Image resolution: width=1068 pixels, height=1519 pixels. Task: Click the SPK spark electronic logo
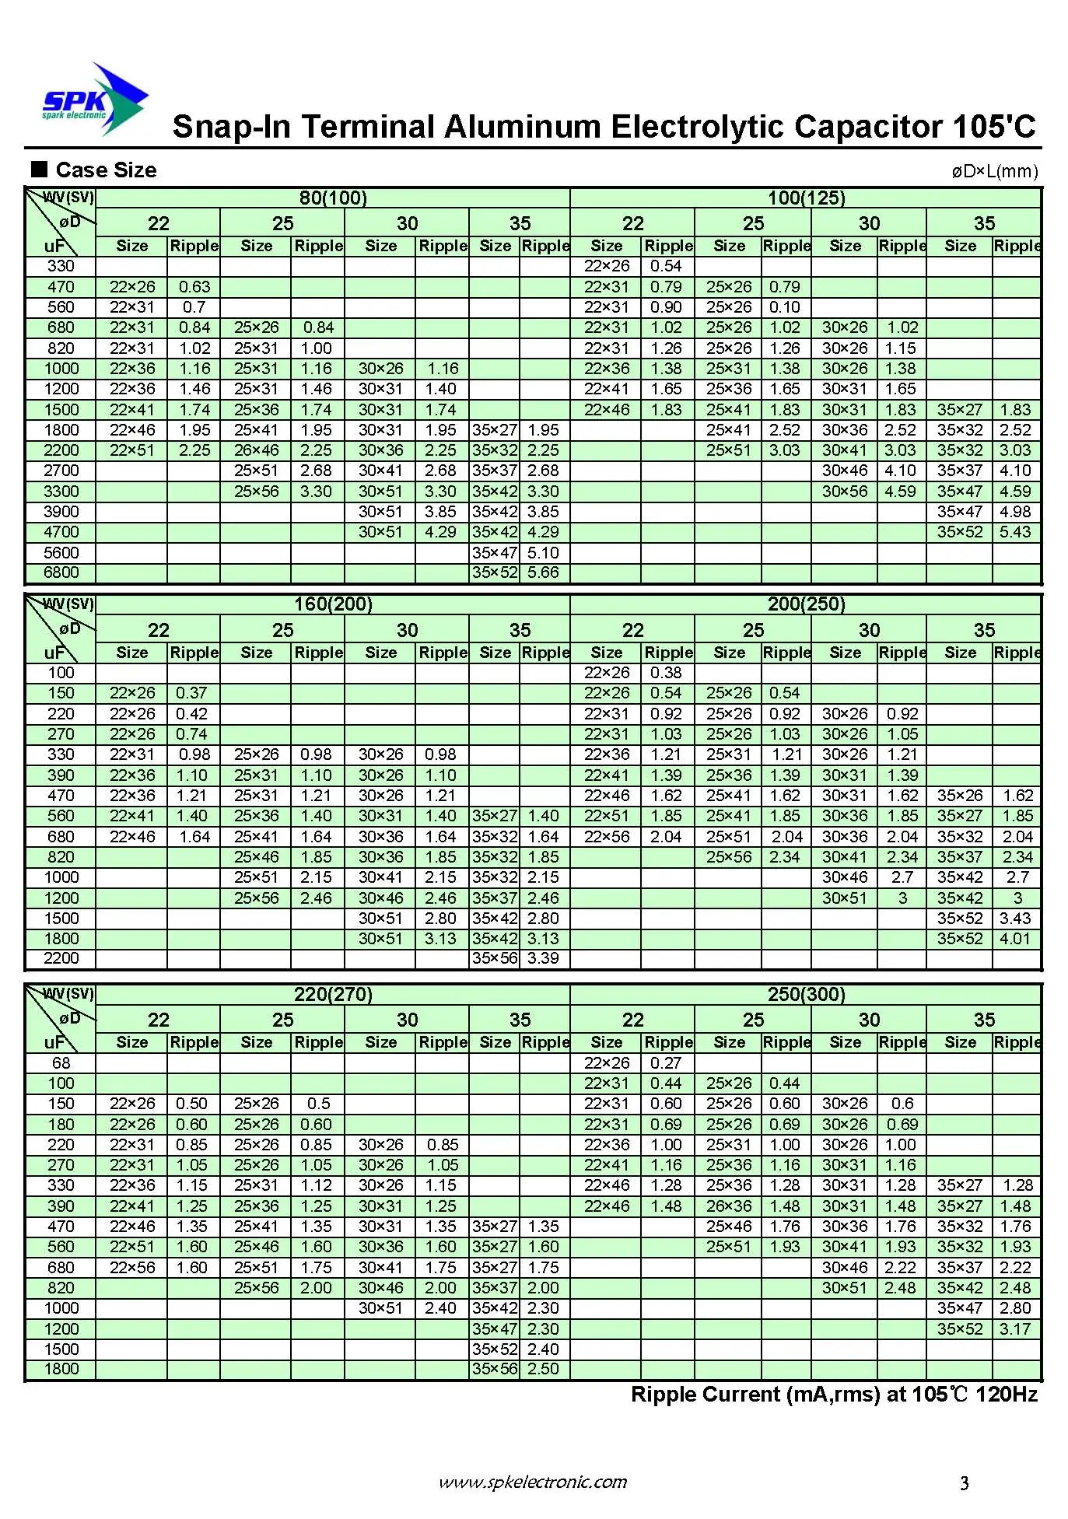click(93, 101)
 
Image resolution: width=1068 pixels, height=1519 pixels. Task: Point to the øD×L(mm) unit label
click(994, 171)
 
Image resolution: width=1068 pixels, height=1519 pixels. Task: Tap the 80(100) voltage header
click(333, 198)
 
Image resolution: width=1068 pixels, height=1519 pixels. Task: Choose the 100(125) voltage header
click(806, 198)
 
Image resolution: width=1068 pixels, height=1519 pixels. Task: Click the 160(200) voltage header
click(333, 604)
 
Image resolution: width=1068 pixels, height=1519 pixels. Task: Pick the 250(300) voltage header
click(806, 994)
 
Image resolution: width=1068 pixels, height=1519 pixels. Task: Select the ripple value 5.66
click(543, 572)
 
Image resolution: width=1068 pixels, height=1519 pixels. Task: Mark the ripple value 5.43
click(1015, 532)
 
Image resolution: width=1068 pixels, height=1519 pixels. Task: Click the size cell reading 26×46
click(256, 450)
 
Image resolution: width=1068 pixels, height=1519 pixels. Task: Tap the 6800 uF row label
click(61, 572)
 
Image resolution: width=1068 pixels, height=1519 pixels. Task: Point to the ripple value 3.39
click(543, 958)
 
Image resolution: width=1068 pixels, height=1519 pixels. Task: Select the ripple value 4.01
click(1015, 939)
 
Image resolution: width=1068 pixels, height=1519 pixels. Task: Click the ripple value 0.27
click(666, 1063)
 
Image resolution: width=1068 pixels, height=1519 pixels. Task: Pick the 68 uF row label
click(61, 1063)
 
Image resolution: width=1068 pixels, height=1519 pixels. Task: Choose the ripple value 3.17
click(1015, 1329)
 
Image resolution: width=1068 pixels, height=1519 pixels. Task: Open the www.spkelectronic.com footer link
click(533, 1482)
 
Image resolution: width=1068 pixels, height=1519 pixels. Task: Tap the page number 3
click(965, 1483)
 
